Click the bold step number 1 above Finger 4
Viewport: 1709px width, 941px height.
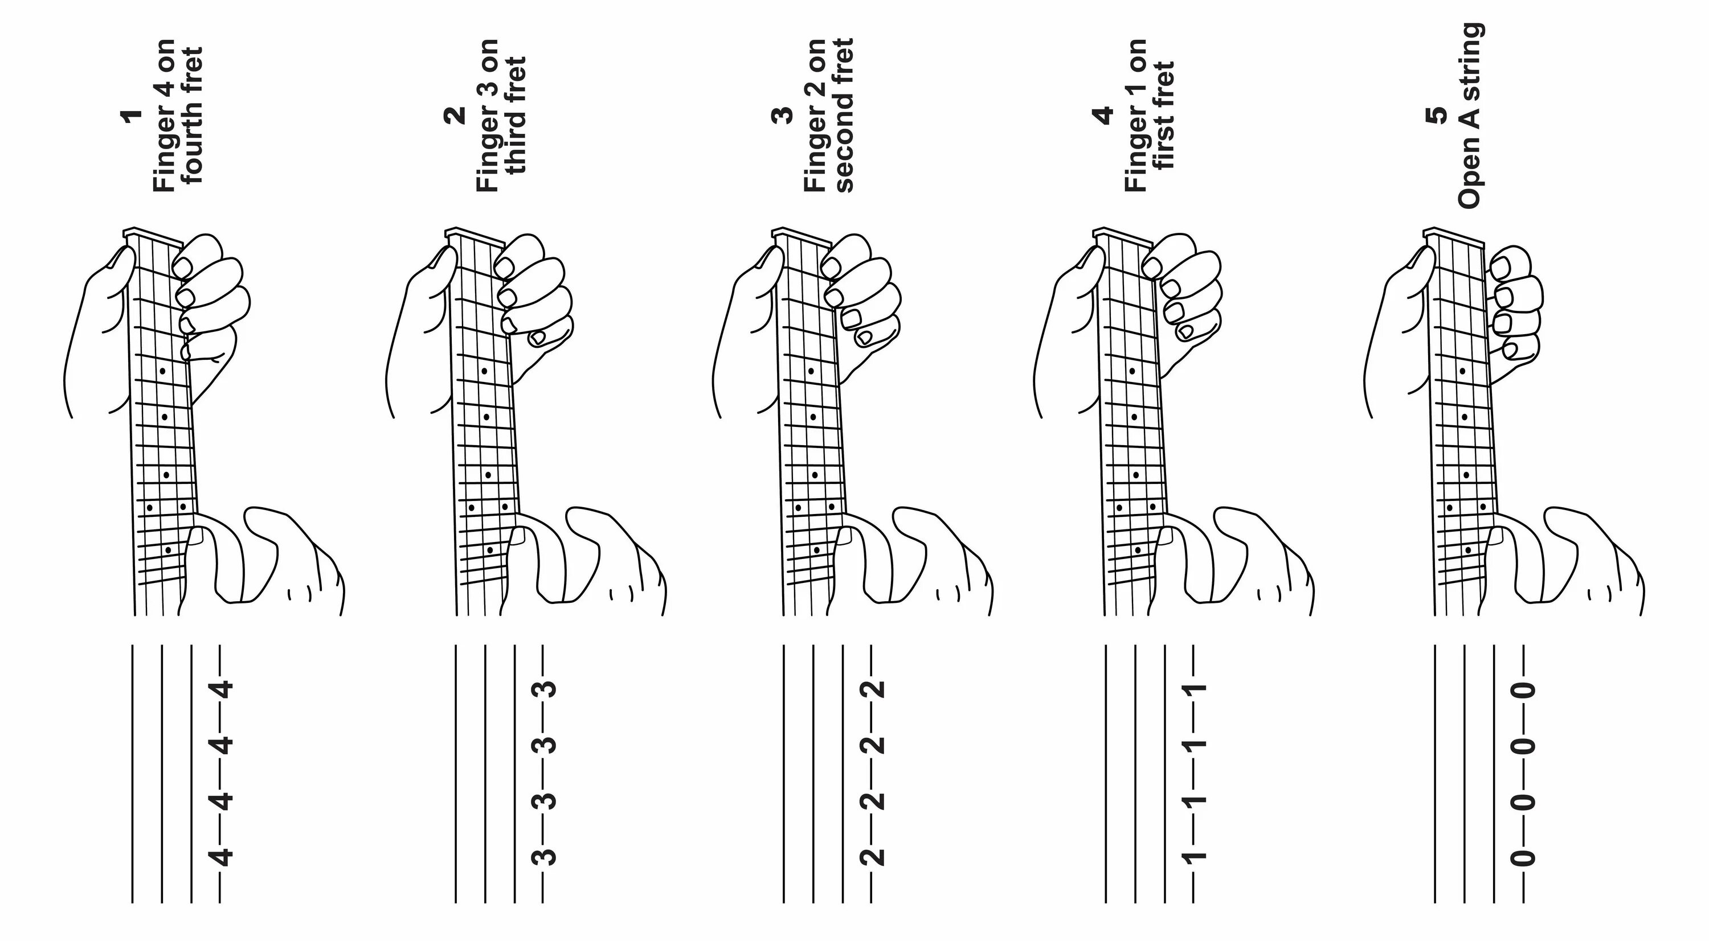(x=133, y=115)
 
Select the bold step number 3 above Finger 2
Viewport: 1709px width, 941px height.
(x=783, y=115)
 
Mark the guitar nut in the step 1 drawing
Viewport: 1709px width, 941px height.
(x=153, y=237)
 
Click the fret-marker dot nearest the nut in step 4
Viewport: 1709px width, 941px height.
(x=1132, y=371)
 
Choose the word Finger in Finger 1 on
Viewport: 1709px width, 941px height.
(x=1136, y=159)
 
